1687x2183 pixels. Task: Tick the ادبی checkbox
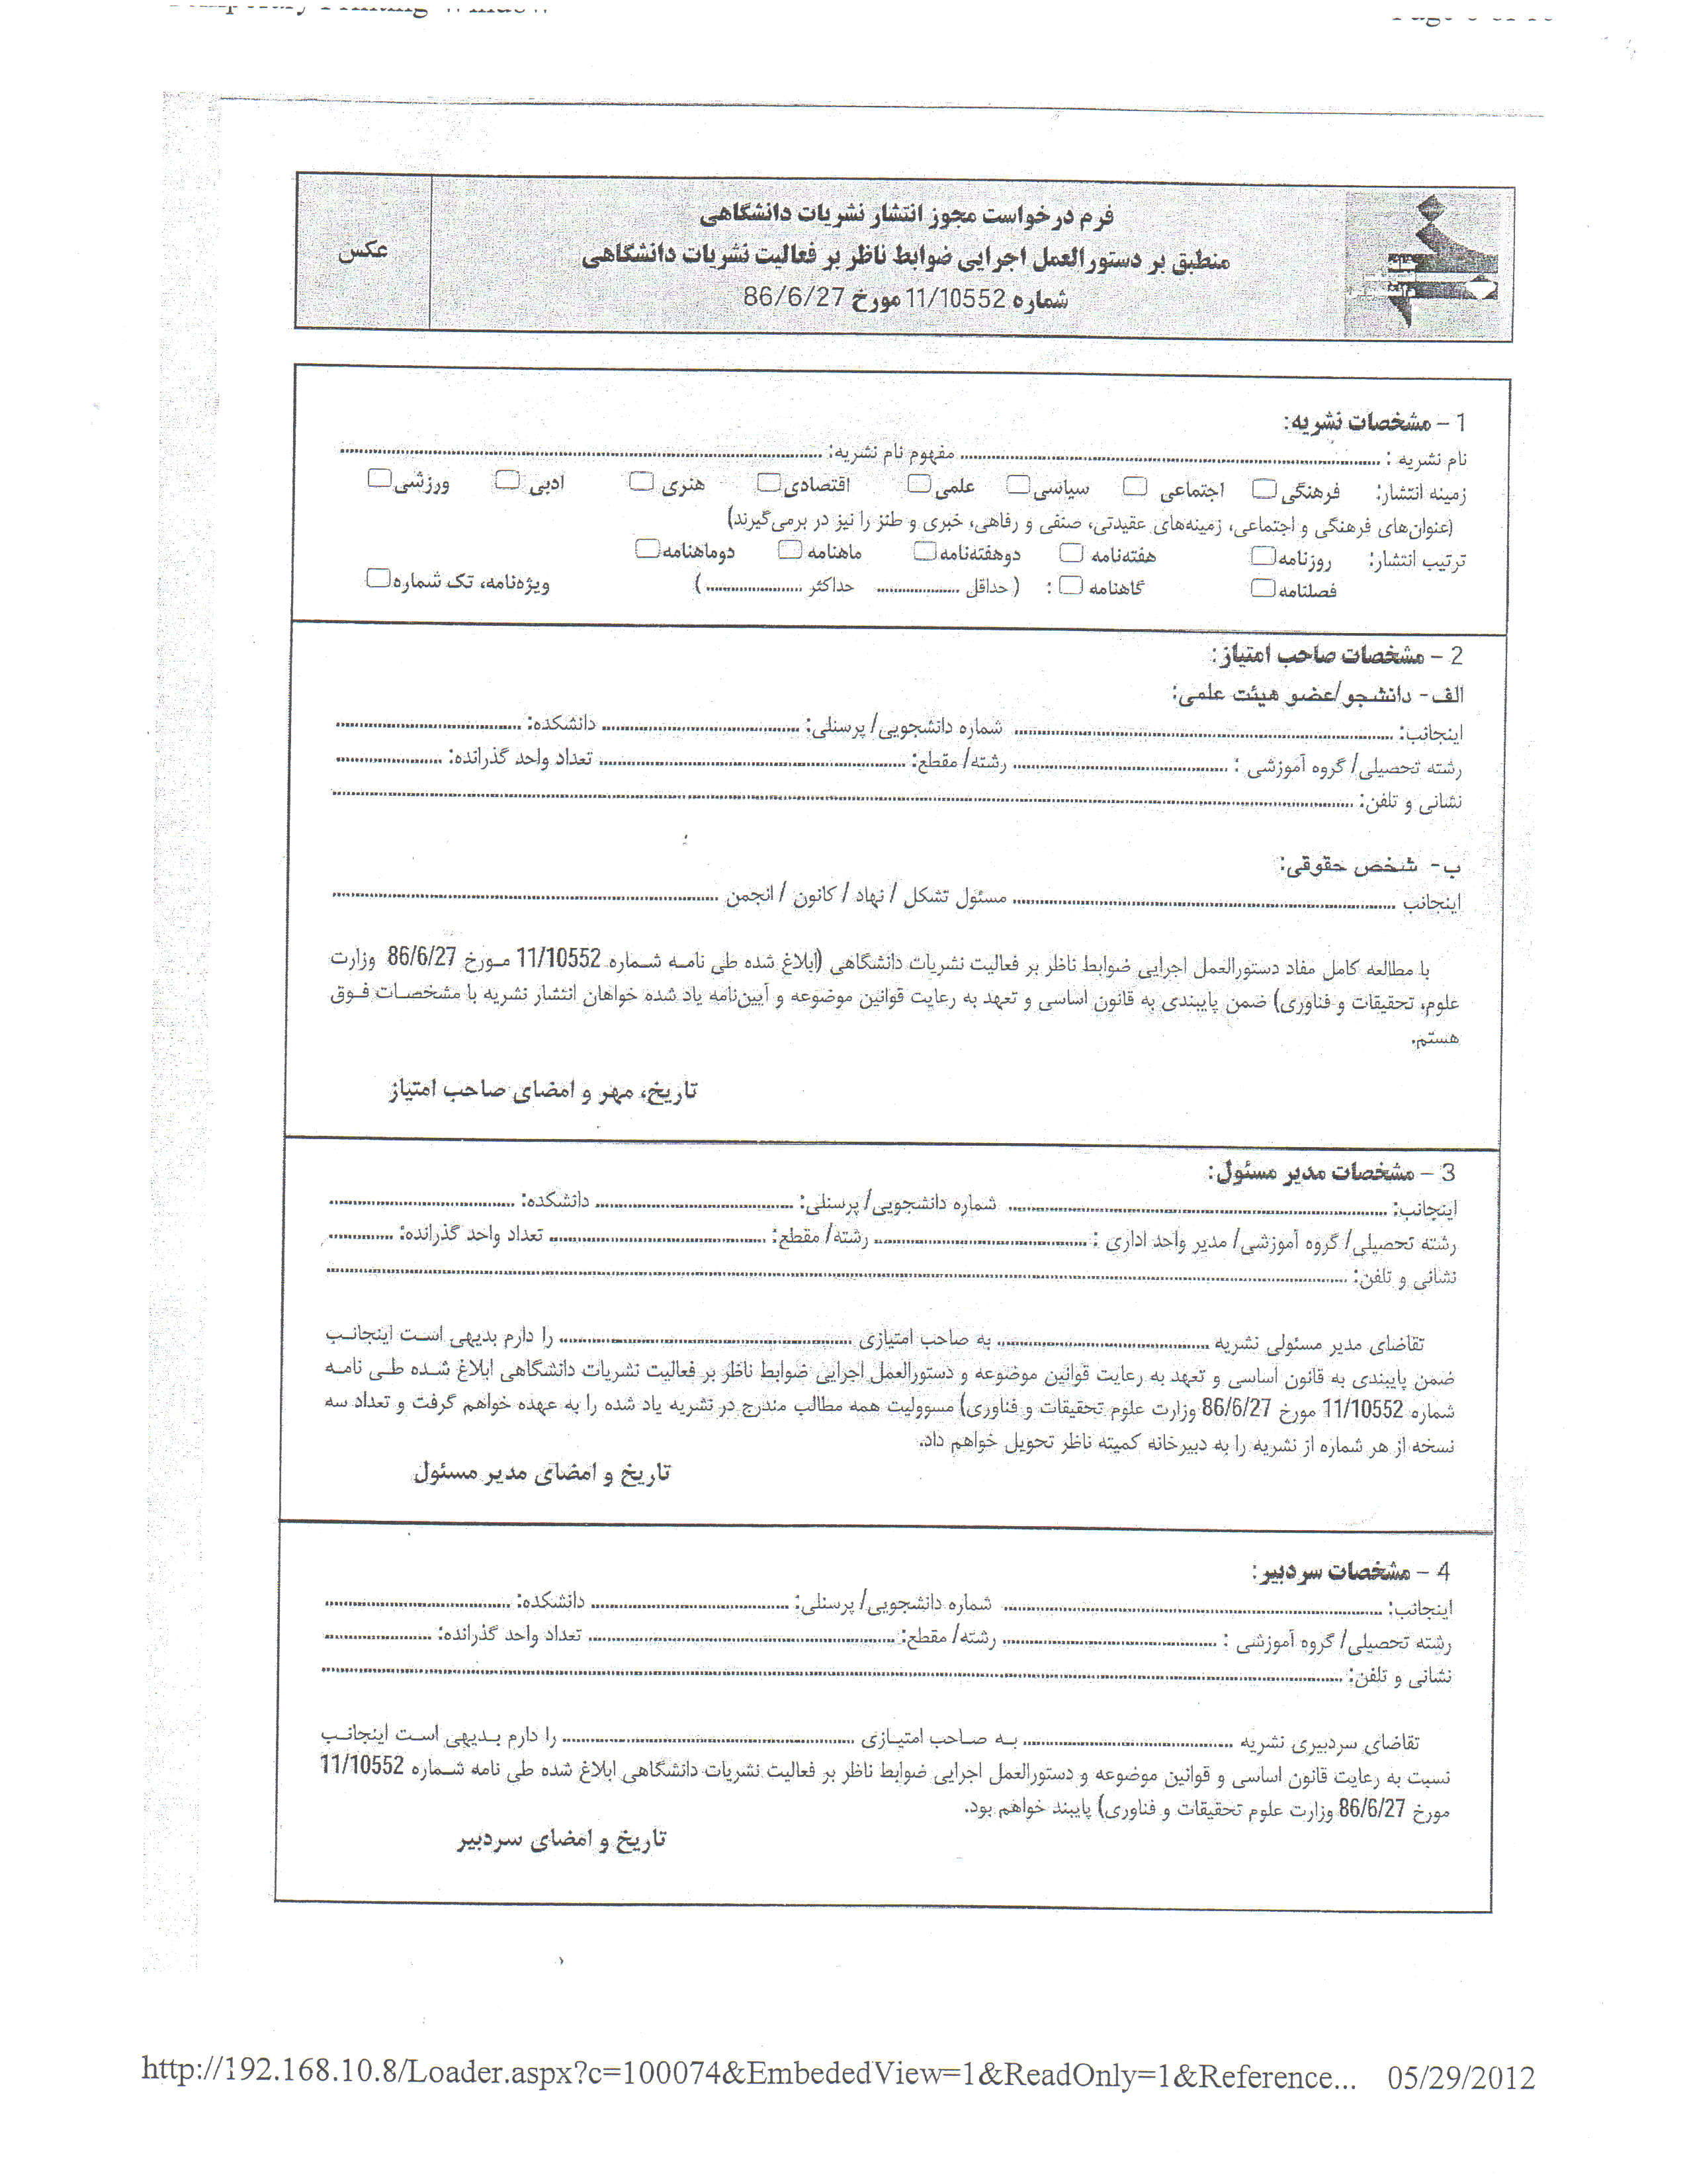(507, 481)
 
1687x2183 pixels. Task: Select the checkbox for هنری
(640, 482)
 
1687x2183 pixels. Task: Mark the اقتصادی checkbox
(767, 484)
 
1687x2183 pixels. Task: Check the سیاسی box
(1017, 486)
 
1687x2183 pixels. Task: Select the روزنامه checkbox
(1263, 556)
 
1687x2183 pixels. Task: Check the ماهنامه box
(791, 550)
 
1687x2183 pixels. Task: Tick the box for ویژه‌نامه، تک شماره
(378, 578)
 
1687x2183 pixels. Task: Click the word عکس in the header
(362, 250)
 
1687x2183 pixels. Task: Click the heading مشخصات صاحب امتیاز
(1319, 655)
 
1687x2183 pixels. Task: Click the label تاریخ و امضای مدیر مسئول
(542, 1473)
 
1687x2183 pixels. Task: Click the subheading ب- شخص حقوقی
(1369, 866)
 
